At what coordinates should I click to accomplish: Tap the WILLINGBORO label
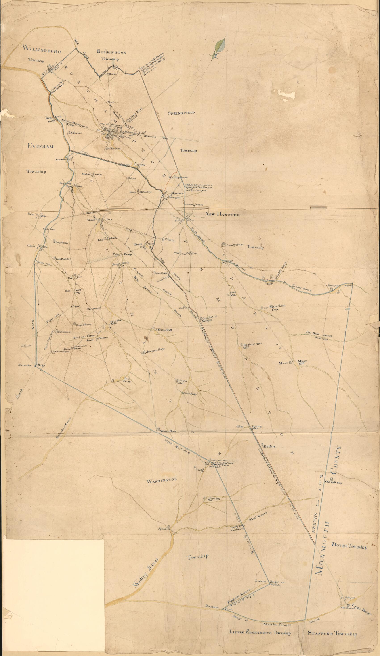pos(42,50)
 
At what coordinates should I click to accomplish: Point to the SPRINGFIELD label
pos(182,113)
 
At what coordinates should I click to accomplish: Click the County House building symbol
pos(223,245)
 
